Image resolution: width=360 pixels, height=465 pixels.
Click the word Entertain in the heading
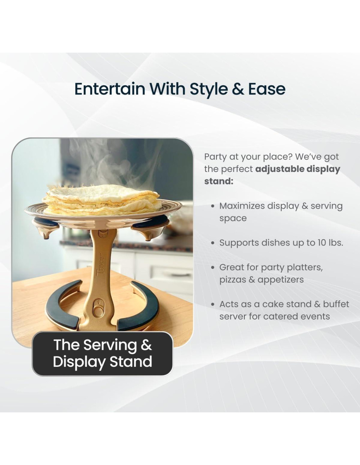(x=110, y=89)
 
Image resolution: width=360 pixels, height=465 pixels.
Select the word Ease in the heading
(x=267, y=89)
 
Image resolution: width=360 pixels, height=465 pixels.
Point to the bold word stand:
(x=218, y=181)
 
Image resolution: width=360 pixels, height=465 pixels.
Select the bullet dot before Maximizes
(x=213, y=206)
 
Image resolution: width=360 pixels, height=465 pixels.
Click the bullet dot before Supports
(x=213, y=243)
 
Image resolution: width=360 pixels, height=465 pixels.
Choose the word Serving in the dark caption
(x=110, y=345)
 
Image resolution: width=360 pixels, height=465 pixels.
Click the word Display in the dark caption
(x=79, y=362)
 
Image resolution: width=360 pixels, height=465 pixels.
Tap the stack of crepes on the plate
(x=102, y=200)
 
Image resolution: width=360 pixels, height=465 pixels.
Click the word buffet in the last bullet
(x=336, y=304)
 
